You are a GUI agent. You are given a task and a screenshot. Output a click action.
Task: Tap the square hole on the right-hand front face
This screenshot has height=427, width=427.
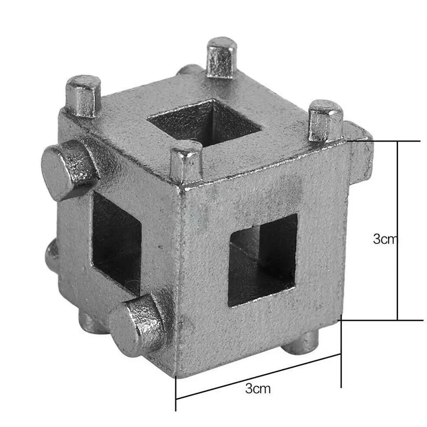[x=263, y=260]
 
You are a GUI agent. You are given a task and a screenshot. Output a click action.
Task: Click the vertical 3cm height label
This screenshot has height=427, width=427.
[x=385, y=239]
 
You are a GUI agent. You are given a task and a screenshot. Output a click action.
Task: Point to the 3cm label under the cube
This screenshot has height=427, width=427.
[x=258, y=388]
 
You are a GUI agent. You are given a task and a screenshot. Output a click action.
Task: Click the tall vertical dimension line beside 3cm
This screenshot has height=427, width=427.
[x=398, y=230]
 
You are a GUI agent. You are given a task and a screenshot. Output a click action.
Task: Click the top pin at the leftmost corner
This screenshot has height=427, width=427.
[x=84, y=96]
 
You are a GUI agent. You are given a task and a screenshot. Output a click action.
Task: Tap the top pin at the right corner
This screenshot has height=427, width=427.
[x=325, y=120]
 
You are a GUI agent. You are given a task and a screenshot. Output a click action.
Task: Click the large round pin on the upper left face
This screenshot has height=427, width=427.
[x=68, y=168]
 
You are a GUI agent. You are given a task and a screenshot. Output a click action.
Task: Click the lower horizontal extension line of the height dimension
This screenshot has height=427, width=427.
[x=384, y=320]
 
